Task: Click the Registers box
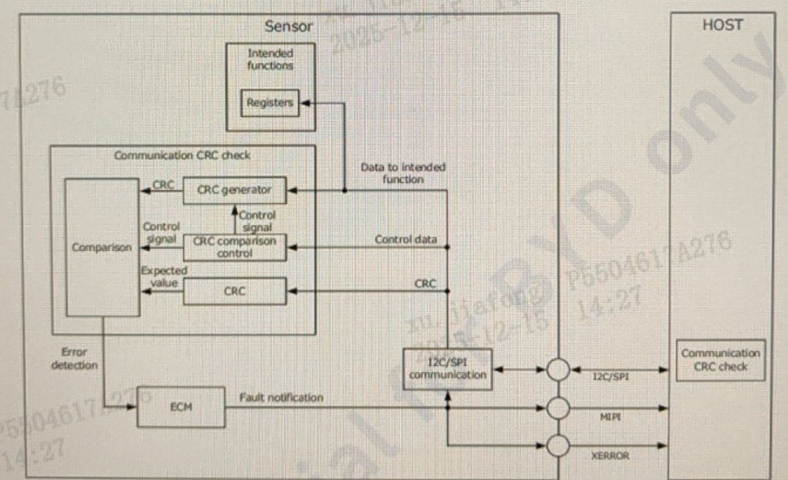269,103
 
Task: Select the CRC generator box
235,190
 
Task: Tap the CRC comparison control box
235,247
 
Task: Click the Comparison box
101,248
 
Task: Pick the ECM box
181,408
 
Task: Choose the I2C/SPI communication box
447,369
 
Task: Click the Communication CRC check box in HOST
720,360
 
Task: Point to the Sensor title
288,26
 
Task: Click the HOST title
721,25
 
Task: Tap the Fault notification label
281,397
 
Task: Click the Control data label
405,240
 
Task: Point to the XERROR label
610,456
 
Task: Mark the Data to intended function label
403,173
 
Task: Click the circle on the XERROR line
558,446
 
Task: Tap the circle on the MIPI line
558,408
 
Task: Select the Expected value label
163,276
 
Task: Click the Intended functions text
269,60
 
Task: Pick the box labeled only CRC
235,292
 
